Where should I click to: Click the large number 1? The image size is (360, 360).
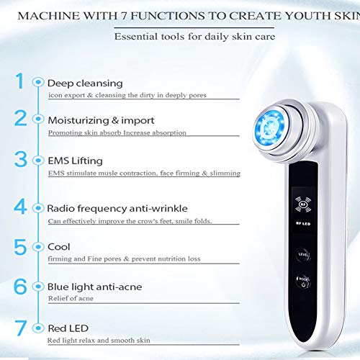tap(19, 82)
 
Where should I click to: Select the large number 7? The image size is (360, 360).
tap(21, 328)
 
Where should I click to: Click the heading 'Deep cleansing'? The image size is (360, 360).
tap(85, 83)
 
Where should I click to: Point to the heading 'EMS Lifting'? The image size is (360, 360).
tap(75, 161)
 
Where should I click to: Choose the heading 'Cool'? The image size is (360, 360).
tap(58, 246)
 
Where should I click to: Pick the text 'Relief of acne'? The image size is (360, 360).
tap(71, 298)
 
